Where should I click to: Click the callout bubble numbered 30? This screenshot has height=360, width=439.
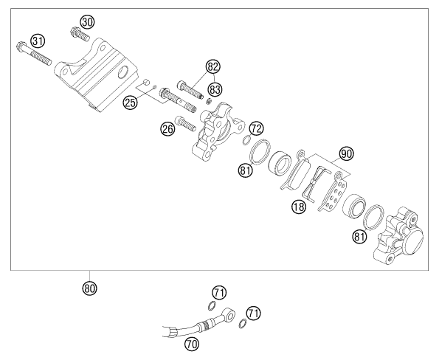87,22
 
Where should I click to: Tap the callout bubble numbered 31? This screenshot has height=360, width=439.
38,41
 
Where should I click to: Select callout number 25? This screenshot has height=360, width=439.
130,103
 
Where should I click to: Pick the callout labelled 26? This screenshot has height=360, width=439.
167,129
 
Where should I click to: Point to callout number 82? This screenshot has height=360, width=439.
213,66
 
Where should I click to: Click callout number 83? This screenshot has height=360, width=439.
215,89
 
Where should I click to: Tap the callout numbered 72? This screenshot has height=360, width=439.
257,128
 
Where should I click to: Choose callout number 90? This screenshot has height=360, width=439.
346,153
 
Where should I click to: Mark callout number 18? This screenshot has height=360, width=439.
299,207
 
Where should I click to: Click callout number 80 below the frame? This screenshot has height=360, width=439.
89,288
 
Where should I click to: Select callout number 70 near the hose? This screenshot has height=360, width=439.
192,344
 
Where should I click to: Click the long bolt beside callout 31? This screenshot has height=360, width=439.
34,53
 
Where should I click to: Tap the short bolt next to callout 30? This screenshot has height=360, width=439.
80,33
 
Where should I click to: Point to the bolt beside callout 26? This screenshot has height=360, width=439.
185,124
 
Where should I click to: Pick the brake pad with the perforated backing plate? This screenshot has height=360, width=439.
333,192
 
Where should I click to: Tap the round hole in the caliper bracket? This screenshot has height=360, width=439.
123,72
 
